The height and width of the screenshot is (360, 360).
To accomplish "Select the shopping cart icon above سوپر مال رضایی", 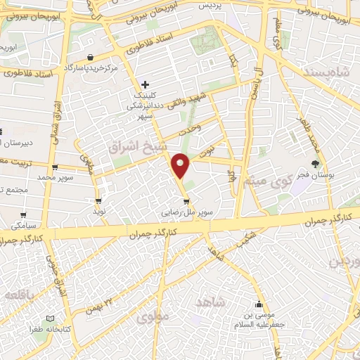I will point(186,200).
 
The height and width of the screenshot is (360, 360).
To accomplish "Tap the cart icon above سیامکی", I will point(23,215).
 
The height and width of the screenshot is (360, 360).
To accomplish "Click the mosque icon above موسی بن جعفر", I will point(259,304).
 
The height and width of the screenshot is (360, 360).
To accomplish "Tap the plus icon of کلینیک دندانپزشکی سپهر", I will point(145,84).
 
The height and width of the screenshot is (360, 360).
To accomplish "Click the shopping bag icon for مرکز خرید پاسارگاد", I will point(90,57).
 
